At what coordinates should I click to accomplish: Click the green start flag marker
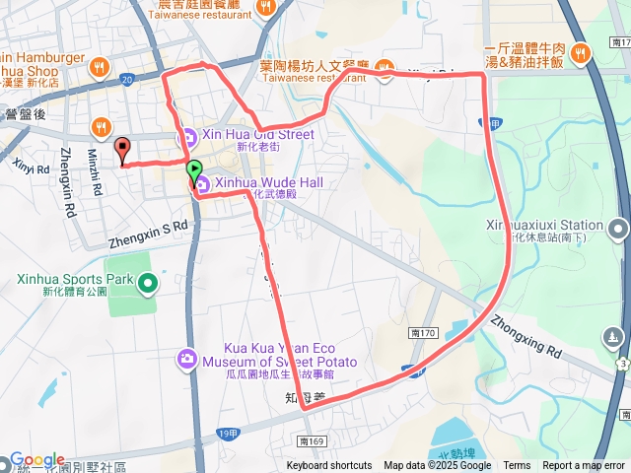194,169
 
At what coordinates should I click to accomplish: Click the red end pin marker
123,151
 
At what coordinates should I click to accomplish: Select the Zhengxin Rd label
67,181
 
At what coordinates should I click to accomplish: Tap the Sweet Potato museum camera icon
187,358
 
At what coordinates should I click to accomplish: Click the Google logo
37,460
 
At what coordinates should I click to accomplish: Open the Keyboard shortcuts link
329,466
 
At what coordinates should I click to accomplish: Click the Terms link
517,466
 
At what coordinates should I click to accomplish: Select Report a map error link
584,466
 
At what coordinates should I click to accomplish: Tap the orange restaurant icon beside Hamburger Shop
99,67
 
